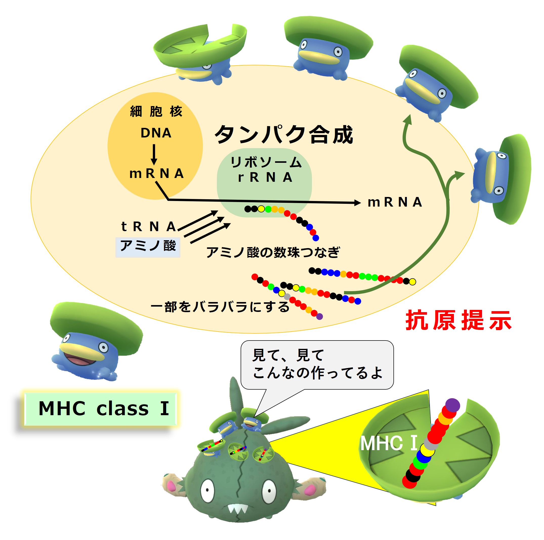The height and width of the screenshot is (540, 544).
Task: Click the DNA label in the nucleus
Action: (156, 133)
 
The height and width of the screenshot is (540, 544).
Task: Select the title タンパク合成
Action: (283, 135)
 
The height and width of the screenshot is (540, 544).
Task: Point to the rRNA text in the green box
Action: (265, 177)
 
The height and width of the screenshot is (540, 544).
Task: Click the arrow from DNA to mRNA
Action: (154, 154)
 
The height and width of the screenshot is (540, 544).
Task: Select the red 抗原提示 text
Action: (458, 320)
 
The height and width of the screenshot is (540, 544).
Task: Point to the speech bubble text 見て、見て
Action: (288, 355)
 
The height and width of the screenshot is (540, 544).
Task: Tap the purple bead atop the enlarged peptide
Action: (452, 405)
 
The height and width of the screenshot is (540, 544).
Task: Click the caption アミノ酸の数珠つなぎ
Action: (273, 252)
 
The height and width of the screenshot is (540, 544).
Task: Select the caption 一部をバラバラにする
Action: (220, 307)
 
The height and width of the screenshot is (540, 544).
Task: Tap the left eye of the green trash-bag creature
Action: (207, 490)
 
